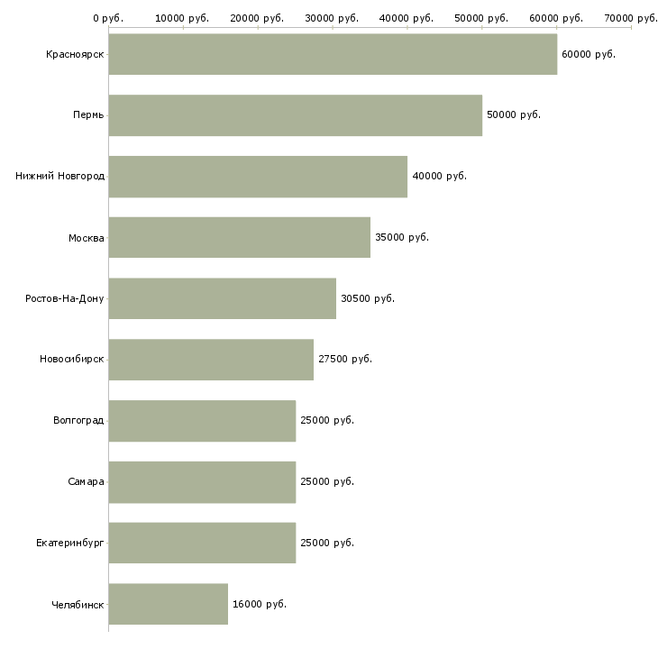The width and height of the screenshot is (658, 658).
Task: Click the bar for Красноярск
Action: [x=333, y=54]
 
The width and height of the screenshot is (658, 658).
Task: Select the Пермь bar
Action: [x=295, y=115]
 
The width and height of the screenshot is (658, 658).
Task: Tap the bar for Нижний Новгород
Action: [x=258, y=177]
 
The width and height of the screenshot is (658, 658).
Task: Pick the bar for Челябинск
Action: [x=168, y=604]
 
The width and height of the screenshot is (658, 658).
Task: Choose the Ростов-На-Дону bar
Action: [x=222, y=298]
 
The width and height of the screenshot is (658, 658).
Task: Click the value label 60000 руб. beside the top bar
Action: [x=588, y=55]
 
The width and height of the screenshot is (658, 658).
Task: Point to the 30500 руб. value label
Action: [x=368, y=298]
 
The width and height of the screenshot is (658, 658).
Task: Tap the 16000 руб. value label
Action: [x=260, y=604]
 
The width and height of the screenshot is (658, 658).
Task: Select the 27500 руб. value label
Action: [x=345, y=360]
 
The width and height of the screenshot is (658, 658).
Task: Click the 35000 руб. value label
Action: [x=402, y=238]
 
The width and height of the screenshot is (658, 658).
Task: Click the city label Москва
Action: [x=87, y=238]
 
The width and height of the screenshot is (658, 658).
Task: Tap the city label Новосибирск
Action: [x=72, y=360]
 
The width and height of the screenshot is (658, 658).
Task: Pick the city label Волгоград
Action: [x=78, y=421]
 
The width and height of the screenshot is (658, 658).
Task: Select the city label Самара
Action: [x=86, y=481]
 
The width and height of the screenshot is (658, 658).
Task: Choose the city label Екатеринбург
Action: [x=70, y=543]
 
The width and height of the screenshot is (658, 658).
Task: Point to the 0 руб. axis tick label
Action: [x=108, y=18]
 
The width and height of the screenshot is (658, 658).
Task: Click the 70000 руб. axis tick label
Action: [x=630, y=18]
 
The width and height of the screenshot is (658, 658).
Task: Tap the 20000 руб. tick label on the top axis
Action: [x=257, y=18]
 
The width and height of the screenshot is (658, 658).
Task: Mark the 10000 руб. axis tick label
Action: [x=182, y=18]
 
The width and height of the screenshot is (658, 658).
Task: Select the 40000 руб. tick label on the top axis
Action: [x=407, y=18]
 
